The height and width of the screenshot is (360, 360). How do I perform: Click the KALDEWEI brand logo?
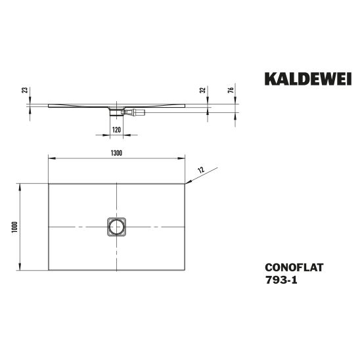[308, 79]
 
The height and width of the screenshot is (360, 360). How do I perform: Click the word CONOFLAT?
[294, 267]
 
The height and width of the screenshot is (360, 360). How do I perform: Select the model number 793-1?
[281, 280]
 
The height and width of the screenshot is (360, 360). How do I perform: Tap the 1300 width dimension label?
[116, 153]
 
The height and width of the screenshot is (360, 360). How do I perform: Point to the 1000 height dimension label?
[14, 227]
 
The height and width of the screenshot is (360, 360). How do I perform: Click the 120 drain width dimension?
[116, 130]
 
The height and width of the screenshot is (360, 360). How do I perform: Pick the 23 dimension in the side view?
[24, 90]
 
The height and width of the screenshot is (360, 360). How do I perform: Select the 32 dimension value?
[202, 90]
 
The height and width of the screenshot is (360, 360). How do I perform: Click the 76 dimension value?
[231, 90]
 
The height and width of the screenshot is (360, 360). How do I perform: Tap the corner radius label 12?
[201, 170]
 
